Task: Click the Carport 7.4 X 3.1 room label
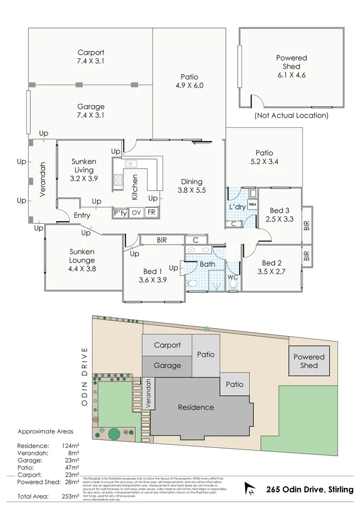[91, 57]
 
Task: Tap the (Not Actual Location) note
[291, 115]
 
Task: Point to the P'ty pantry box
[120, 212]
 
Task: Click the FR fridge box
[151, 212]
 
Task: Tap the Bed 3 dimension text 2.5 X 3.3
[279, 219]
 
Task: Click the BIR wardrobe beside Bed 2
[307, 256]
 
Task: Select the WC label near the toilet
[233, 277]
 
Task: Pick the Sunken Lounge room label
[82, 260]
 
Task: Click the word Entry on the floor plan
[82, 216]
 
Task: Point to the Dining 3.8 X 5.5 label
[191, 186]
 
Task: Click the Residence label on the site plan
[196, 407]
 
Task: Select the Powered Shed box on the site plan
[309, 361]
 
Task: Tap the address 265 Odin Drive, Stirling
[309, 490]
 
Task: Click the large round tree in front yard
[114, 433]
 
